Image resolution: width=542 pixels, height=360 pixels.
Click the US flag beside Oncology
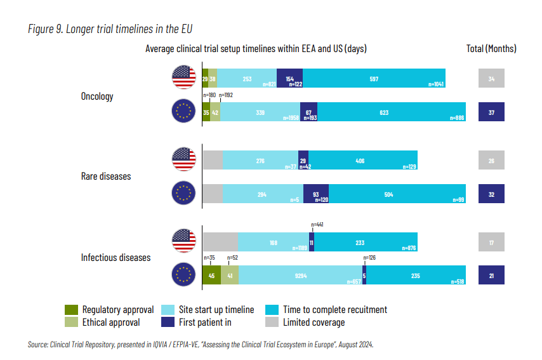tap(184, 77)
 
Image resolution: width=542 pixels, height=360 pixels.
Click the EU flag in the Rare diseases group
tap(184, 193)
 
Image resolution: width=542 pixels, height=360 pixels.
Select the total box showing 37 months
tap(491, 112)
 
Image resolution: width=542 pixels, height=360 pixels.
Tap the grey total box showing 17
tap(491, 242)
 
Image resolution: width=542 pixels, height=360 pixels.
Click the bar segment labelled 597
tap(374, 78)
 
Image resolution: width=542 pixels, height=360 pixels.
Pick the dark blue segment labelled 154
tap(290, 78)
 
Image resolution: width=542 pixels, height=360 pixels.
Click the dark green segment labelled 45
tap(211, 275)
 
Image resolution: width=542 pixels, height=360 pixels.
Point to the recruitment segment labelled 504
tap(397, 193)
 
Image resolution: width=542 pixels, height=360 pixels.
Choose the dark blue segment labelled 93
tap(316, 193)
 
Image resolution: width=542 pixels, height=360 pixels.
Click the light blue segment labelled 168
tap(274, 242)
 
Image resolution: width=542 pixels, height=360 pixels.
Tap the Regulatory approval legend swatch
tap(71, 310)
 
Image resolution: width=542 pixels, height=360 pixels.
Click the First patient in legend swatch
tap(168, 322)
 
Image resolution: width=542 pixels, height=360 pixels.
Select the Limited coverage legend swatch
tap(271, 322)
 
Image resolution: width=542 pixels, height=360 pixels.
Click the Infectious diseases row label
tap(116, 257)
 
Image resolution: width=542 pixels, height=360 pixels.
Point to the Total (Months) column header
tap(491, 48)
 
